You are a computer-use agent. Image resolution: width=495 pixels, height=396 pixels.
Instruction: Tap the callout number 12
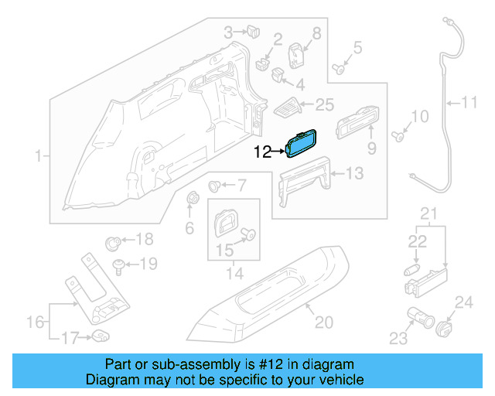pos(263,152)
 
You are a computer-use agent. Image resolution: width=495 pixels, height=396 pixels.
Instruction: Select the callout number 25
pos(324,104)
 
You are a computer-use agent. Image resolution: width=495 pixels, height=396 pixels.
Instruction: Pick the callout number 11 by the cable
pos(470,101)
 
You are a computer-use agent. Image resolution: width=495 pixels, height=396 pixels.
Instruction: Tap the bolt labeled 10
pos(398,138)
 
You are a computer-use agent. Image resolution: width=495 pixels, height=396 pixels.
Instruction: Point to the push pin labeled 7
pos(217,186)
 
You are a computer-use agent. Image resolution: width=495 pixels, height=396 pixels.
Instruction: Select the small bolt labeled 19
pos(118,265)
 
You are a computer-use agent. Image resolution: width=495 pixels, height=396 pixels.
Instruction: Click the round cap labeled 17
pos(100,335)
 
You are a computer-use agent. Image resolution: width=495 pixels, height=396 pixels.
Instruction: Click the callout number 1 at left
pos(38,158)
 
